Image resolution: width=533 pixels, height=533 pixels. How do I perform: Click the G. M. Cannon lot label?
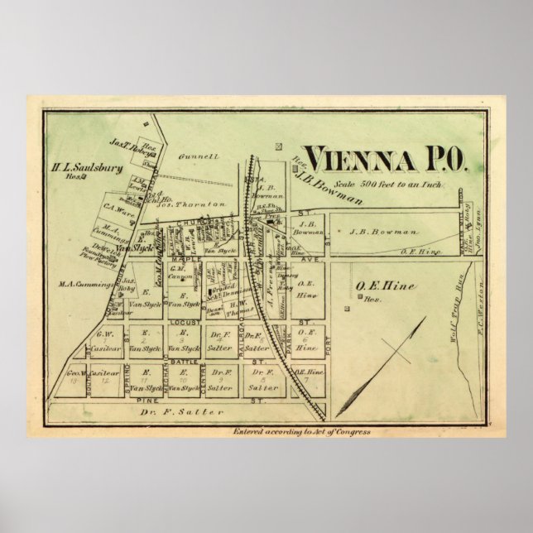[x=180, y=271]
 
